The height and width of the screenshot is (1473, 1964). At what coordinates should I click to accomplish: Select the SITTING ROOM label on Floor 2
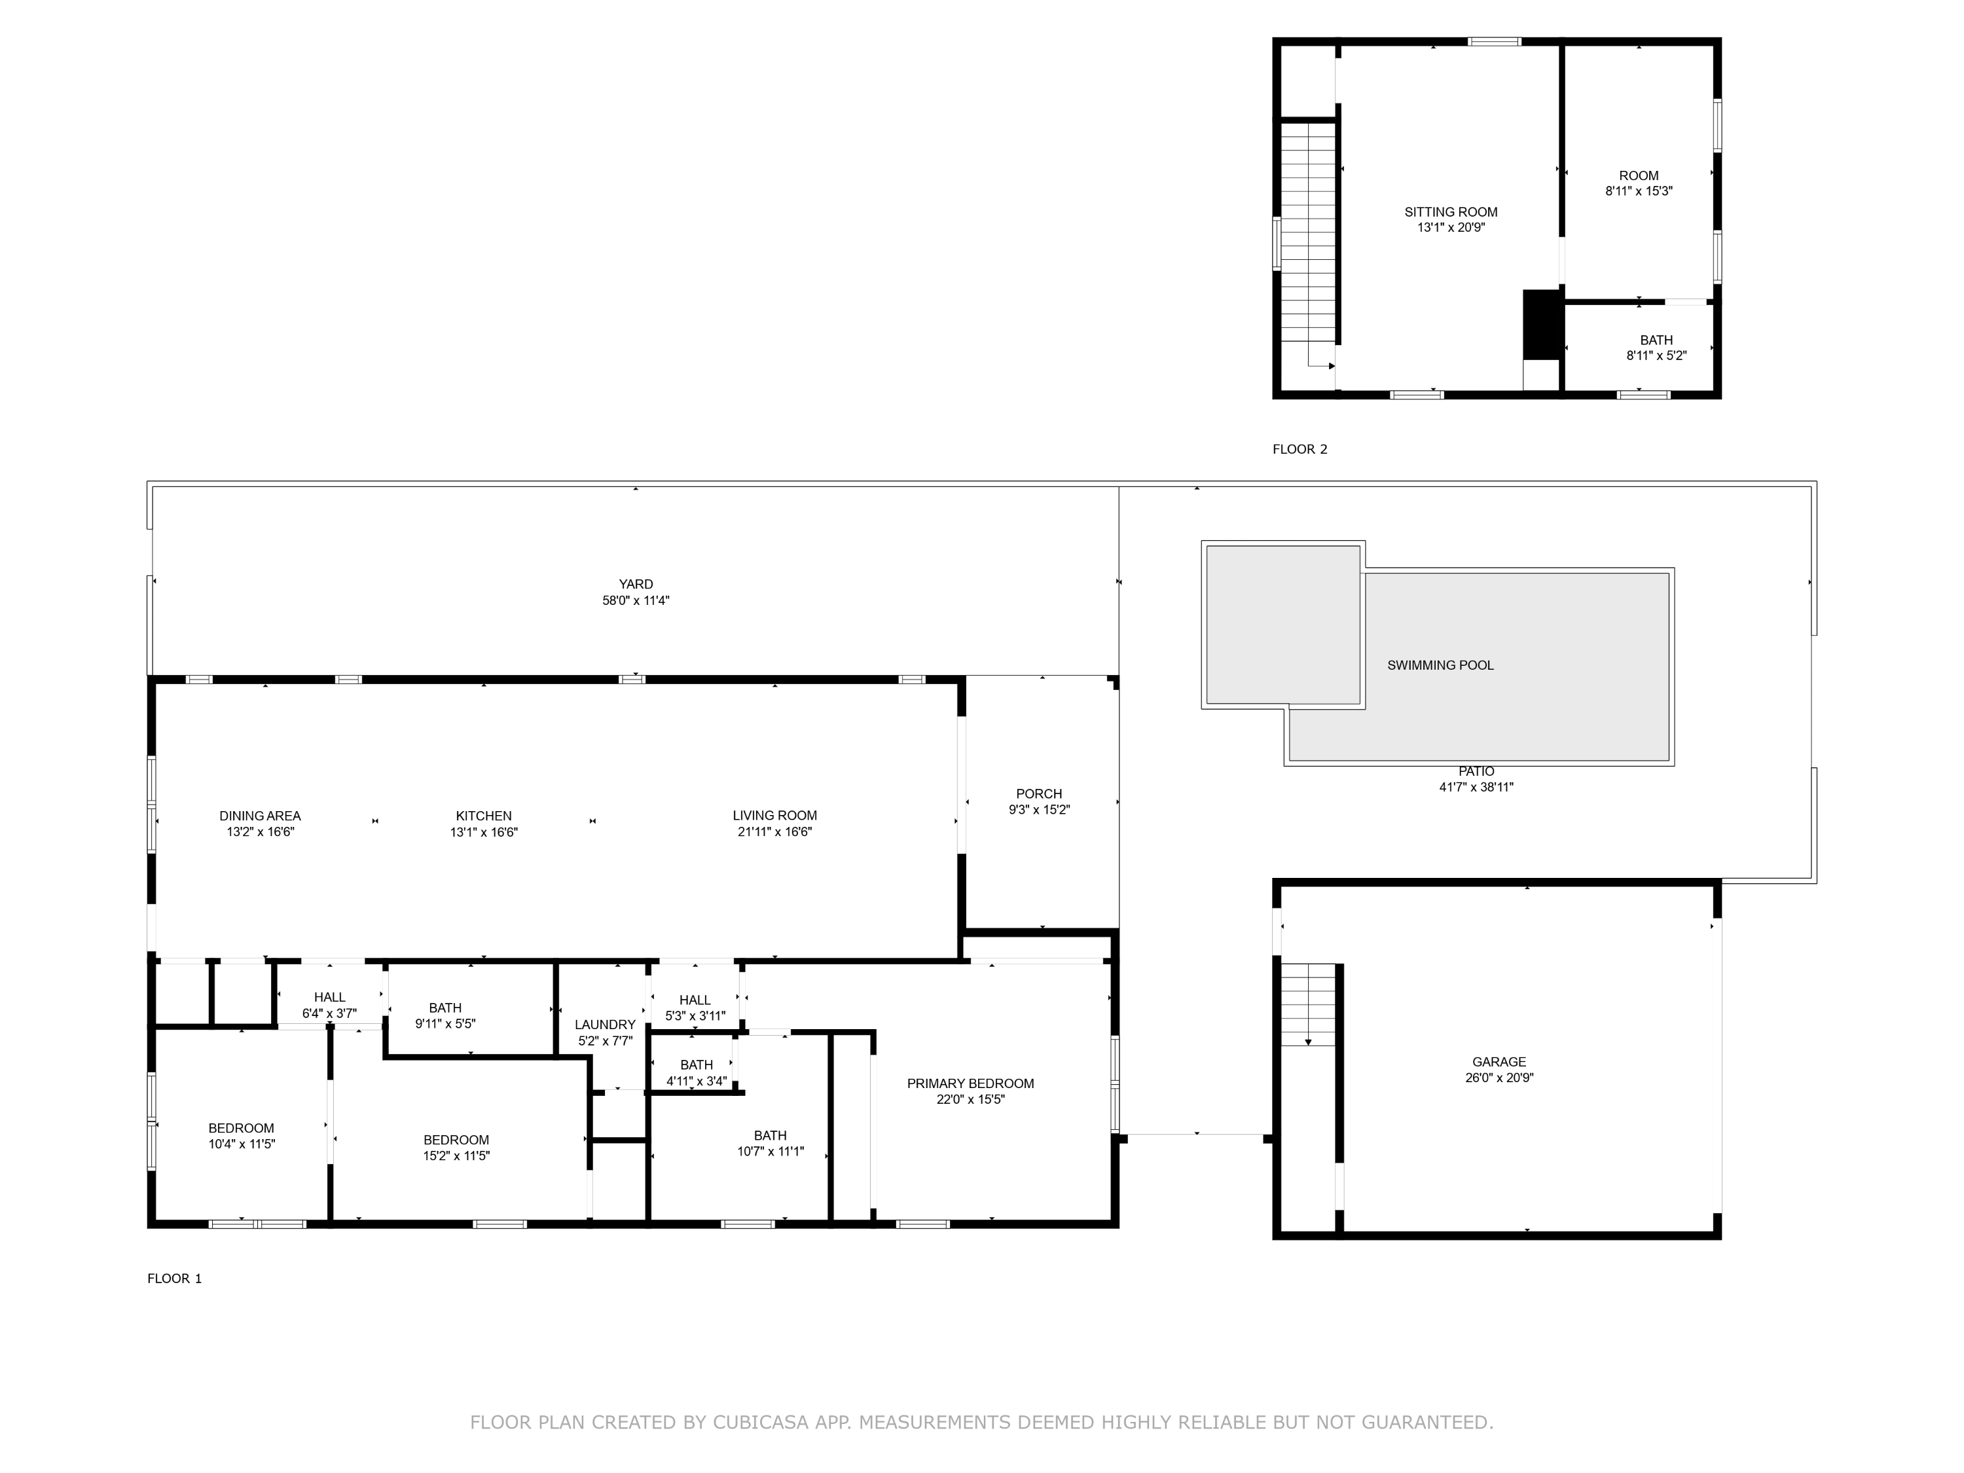[x=1450, y=212]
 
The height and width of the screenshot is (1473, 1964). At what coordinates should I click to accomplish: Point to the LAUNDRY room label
[x=605, y=1025]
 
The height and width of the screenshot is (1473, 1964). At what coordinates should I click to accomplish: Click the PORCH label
[x=1039, y=793]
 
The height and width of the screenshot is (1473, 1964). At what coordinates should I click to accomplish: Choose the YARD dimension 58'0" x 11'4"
[x=635, y=600]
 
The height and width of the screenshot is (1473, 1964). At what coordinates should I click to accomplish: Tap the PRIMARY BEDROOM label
[x=970, y=1083]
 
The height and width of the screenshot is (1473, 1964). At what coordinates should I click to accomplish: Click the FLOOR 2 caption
[x=1299, y=449]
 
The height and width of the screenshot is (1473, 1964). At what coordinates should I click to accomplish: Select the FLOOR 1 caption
[x=174, y=1279]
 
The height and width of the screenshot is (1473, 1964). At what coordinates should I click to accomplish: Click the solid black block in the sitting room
[x=1542, y=324]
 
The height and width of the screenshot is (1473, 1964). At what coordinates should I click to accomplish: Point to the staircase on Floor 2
[x=1308, y=231]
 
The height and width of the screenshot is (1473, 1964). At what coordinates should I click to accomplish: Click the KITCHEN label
[x=483, y=816]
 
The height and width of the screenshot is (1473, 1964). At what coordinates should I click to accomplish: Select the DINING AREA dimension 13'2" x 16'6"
[x=259, y=832]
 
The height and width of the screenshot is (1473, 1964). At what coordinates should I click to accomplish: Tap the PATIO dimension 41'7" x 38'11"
[x=1476, y=787]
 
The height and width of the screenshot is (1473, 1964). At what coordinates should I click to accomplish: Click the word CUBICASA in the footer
[x=760, y=1423]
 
